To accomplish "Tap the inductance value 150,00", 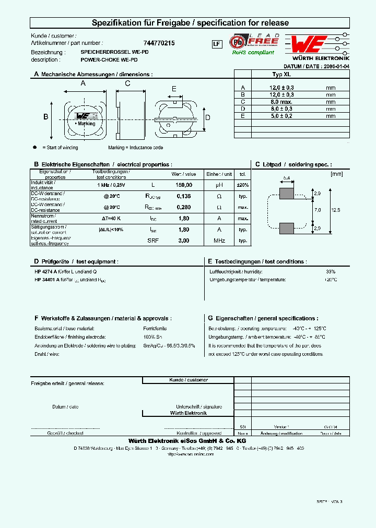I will point(184,185).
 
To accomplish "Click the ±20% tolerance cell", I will point(243,185).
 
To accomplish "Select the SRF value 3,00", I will point(184,241).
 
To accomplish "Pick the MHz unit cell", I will point(219,241).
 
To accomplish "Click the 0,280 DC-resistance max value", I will point(184,207).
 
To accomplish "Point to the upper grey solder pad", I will point(286,194).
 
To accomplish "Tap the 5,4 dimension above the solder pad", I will point(286,178).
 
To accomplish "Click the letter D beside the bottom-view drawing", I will point(207,117).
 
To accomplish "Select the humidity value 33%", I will point(330,271).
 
